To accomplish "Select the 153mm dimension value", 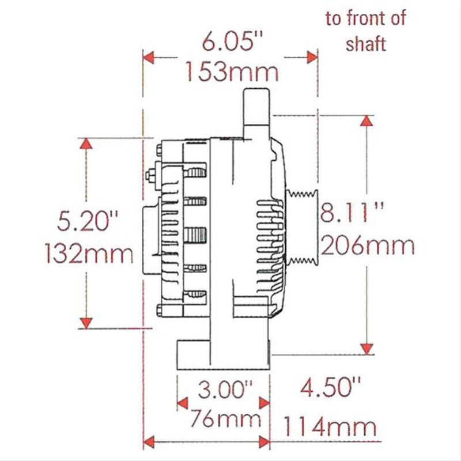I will click(232, 72).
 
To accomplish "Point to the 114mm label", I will click(330, 428).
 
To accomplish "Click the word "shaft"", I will click(366, 43).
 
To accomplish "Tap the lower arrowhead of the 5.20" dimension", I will click(86, 323).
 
